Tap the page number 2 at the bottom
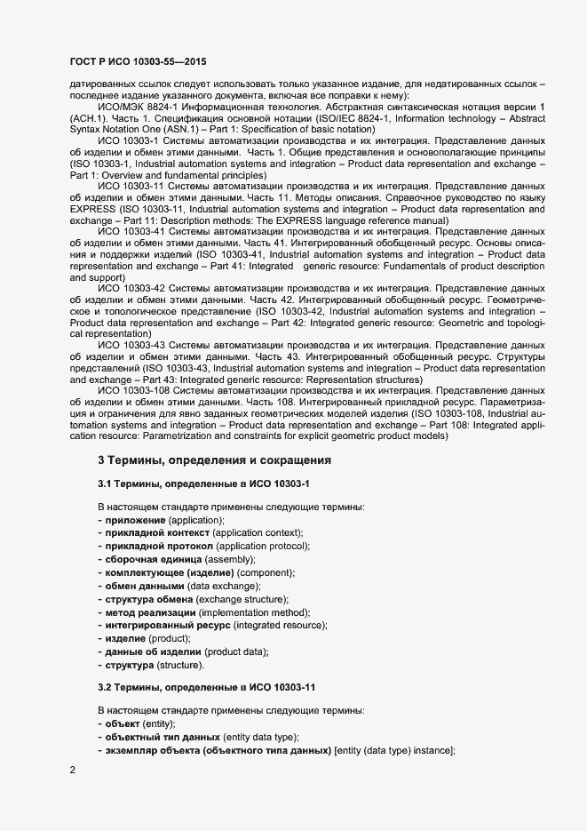pyautogui.click(x=73, y=770)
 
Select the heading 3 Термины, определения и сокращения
pyautogui.click(x=214, y=460)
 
